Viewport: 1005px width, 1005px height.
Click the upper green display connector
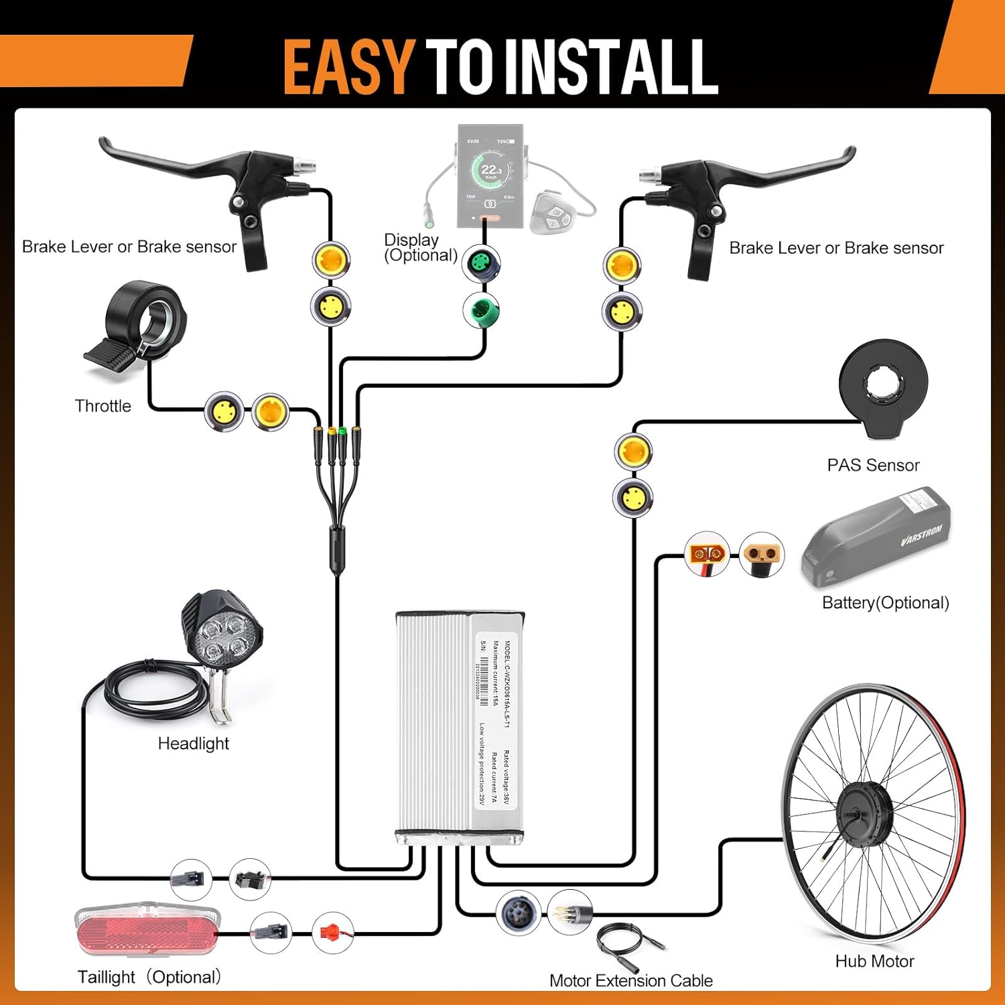point(482,263)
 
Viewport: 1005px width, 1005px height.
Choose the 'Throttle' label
point(103,406)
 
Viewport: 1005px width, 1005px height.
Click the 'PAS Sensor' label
point(873,465)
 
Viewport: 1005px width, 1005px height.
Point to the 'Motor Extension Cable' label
point(630,981)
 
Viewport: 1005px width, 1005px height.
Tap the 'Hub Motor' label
point(874,961)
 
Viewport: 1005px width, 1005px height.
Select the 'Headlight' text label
point(193,744)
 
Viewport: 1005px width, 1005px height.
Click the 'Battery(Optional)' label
point(885,603)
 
